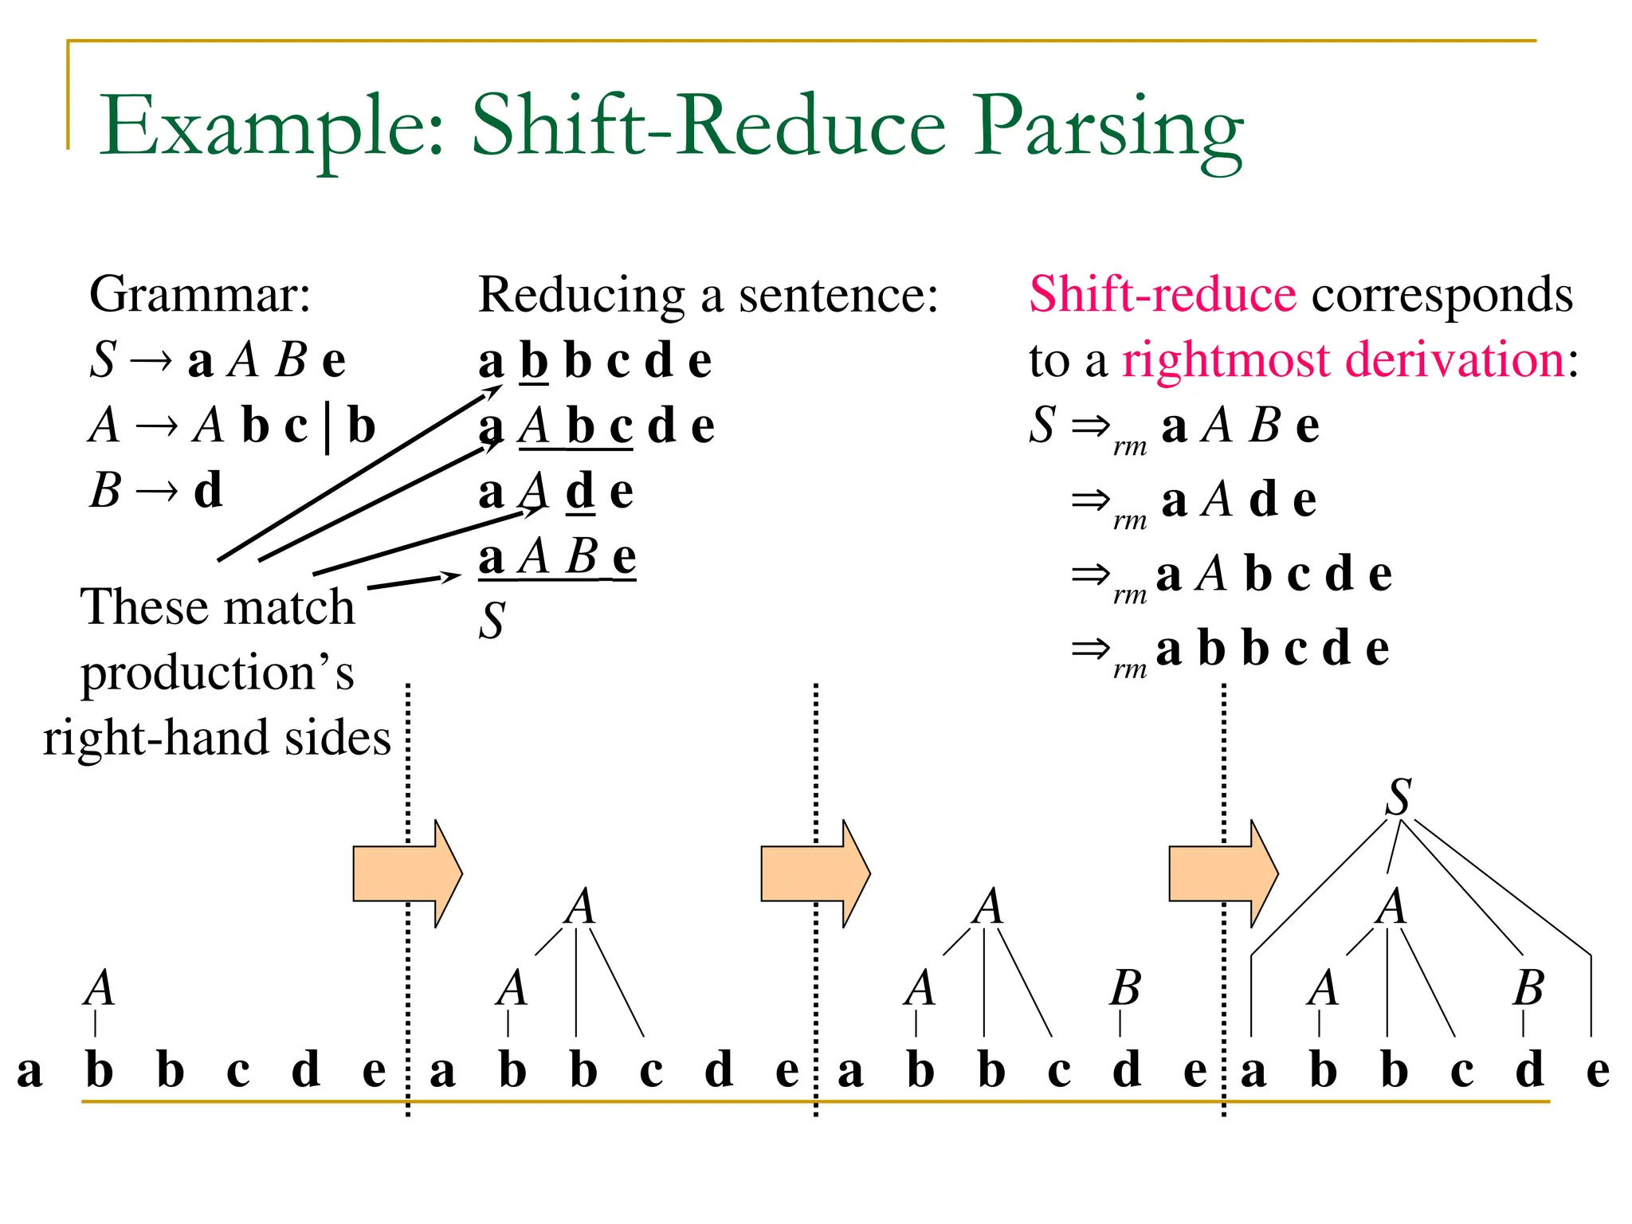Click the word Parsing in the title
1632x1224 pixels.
pos(1108,127)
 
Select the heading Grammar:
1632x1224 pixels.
pos(199,295)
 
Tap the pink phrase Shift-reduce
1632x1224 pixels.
pos(1163,295)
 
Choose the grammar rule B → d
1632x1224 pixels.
pos(155,490)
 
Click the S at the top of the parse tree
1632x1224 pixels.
pos(1399,797)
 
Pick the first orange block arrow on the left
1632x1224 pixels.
pos(406,873)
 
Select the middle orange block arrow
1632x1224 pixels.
pos(814,873)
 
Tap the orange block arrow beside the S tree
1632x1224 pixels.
pos(1222,873)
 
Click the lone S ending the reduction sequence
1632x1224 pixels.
pos(492,621)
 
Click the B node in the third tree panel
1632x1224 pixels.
pos(1125,989)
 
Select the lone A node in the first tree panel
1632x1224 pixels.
pos(100,989)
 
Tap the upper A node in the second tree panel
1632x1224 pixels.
pos(580,907)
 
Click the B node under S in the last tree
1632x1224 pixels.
pos(1528,989)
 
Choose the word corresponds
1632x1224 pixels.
pos(1442,295)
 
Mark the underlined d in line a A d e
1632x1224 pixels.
pos(580,492)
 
